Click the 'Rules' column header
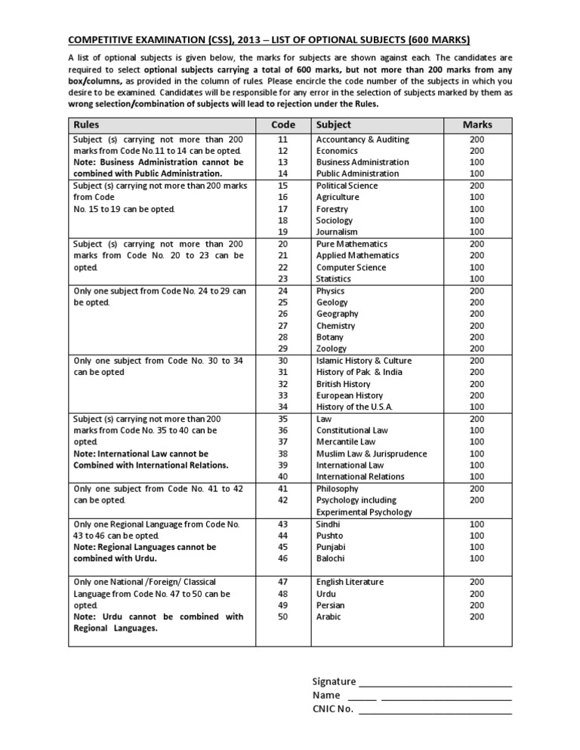click(86, 124)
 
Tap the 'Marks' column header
click(477, 124)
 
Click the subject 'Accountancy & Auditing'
click(362, 140)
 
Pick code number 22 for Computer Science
click(282, 267)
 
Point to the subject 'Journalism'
click(337, 232)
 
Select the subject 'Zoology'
click(332, 349)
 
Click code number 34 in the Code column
click(282, 407)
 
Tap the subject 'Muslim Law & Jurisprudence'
click(371, 453)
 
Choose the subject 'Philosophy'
click(337, 489)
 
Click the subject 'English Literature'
click(350, 582)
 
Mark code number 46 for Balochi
click(282, 558)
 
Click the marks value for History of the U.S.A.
click(477, 407)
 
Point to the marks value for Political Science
click(477, 185)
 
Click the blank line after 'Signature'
click(436, 682)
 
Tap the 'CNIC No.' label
click(332, 709)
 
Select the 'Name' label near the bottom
click(326, 695)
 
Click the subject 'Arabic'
click(329, 616)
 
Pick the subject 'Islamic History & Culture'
click(364, 361)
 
